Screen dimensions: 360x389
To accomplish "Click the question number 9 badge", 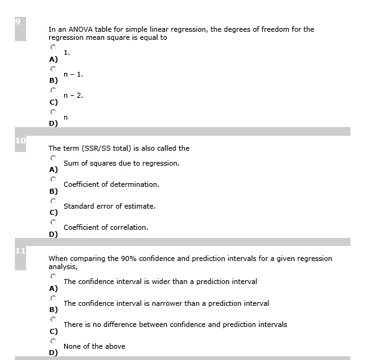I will click(x=20, y=22).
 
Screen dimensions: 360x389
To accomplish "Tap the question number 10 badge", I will click(x=20, y=141).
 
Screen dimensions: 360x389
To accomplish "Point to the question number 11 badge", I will click(x=20, y=252).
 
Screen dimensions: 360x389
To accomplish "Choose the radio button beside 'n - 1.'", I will click(x=54, y=68).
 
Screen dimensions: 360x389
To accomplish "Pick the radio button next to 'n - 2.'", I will click(x=54, y=89).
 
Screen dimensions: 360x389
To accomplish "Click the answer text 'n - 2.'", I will click(x=73, y=95).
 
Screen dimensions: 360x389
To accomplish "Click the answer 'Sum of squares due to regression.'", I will click(x=121, y=163).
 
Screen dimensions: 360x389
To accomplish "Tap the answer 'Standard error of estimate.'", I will click(x=110, y=206).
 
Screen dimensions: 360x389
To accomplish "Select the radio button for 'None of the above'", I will click(x=54, y=340).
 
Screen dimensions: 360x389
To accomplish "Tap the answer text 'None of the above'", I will click(x=94, y=346).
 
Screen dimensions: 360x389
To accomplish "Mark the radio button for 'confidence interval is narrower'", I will click(x=54, y=297).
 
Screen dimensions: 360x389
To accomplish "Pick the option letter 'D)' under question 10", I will click(x=53, y=234).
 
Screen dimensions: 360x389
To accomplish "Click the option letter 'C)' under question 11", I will click(x=53, y=331).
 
